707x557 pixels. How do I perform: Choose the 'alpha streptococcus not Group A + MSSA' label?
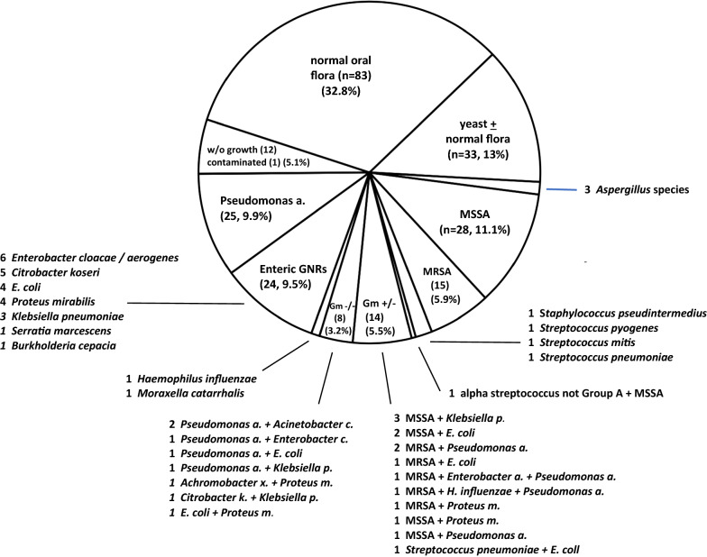tap(558, 393)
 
